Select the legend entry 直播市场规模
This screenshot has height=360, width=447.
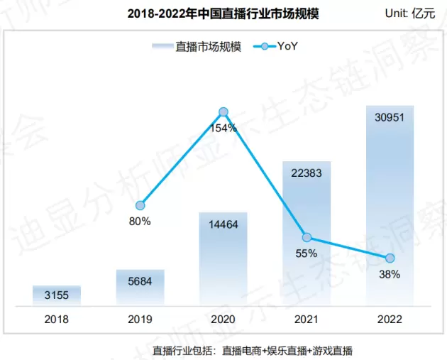[x=197, y=47]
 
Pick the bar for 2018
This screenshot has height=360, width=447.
[x=57, y=295]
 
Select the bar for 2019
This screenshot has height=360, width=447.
[x=140, y=288]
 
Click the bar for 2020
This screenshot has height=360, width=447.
[x=223, y=258]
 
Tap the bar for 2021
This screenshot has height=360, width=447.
[x=307, y=234]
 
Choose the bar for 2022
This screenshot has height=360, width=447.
[x=390, y=206]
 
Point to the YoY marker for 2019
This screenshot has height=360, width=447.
[x=140, y=205]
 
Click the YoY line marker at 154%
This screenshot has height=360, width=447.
[x=223, y=111]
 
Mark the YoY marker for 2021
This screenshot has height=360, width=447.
[x=307, y=237]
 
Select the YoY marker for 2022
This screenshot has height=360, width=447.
[x=390, y=257]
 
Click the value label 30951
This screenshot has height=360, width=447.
[x=390, y=117]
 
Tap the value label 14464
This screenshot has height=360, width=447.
[x=223, y=223]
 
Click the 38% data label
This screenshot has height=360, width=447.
[x=390, y=273]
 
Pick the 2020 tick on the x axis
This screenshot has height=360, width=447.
[x=223, y=320]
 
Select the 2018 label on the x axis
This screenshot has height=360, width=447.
[x=57, y=320]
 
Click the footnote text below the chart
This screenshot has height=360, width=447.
[x=253, y=350]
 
